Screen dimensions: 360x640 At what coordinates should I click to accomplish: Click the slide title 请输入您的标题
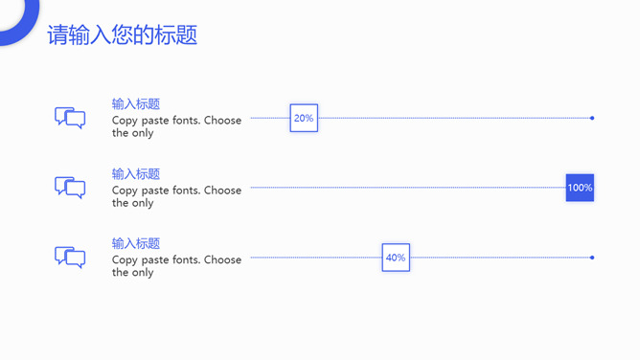pyautogui.click(x=122, y=35)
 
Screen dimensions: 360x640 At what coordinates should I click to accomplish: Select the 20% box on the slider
pyautogui.click(x=304, y=118)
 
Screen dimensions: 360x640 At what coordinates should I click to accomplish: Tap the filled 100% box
pyautogui.click(x=580, y=188)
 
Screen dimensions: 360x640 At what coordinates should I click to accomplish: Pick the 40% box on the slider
pyautogui.click(x=396, y=258)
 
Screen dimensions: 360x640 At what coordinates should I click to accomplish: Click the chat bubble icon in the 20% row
pyautogui.click(x=70, y=118)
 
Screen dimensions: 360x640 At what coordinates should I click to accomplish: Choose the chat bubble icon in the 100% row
pyautogui.click(x=70, y=188)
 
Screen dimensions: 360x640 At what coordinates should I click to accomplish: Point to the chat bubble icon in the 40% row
pyautogui.click(x=70, y=258)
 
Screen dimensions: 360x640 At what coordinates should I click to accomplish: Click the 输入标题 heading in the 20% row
pyautogui.click(x=136, y=104)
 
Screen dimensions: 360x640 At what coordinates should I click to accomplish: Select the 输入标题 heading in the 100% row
pyautogui.click(x=136, y=174)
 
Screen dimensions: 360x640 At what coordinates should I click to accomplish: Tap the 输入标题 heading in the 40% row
pyautogui.click(x=136, y=244)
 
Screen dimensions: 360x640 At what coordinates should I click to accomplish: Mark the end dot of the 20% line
pyautogui.click(x=592, y=118)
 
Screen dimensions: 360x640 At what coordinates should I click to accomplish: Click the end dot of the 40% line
pyautogui.click(x=592, y=258)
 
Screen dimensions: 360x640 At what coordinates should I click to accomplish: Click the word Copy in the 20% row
pyautogui.click(x=125, y=121)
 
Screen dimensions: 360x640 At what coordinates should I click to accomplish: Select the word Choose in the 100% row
pyautogui.click(x=222, y=191)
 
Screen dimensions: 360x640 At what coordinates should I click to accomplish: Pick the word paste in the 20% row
pyautogui.click(x=156, y=121)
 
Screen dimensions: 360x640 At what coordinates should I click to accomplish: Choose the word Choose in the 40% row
pyautogui.click(x=222, y=260)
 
